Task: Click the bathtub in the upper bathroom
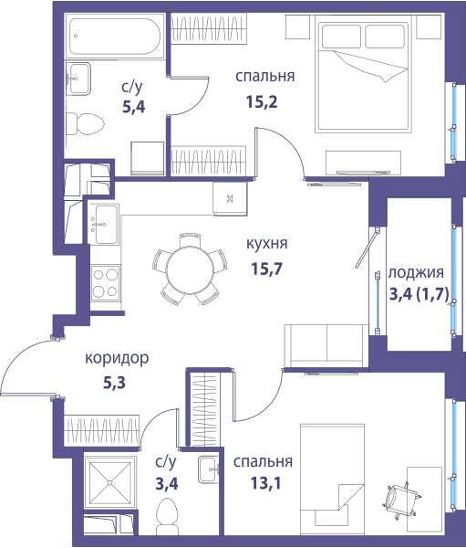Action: pyautogui.click(x=115, y=36)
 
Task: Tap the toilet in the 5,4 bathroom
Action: pyautogui.click(x=85, y=124)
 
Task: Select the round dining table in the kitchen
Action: pyautogui.click(x=190, y=269)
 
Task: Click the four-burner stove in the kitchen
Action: pyautogui.click(x=105, y=283)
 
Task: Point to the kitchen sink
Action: pyautogui.click(x=103, y=224)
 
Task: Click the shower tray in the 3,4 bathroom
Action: pyautogui.click(x=109, y=482)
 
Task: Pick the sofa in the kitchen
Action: pyautogui.click(x=326, y=346)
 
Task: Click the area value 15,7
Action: pyautogui.click(x=266, y=269)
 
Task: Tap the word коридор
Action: pyautogui.click(x=117, y=358)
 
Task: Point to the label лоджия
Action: pyautogui.click(x=416, y=272)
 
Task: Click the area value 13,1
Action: pyautogui.click(x=265, y=484)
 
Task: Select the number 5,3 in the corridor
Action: pyautogui.click(x=114, y=383)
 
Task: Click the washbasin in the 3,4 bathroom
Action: pyautogui.click(x=209, y=469)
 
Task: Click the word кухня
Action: pyautogui.click(x=266, y=244)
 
